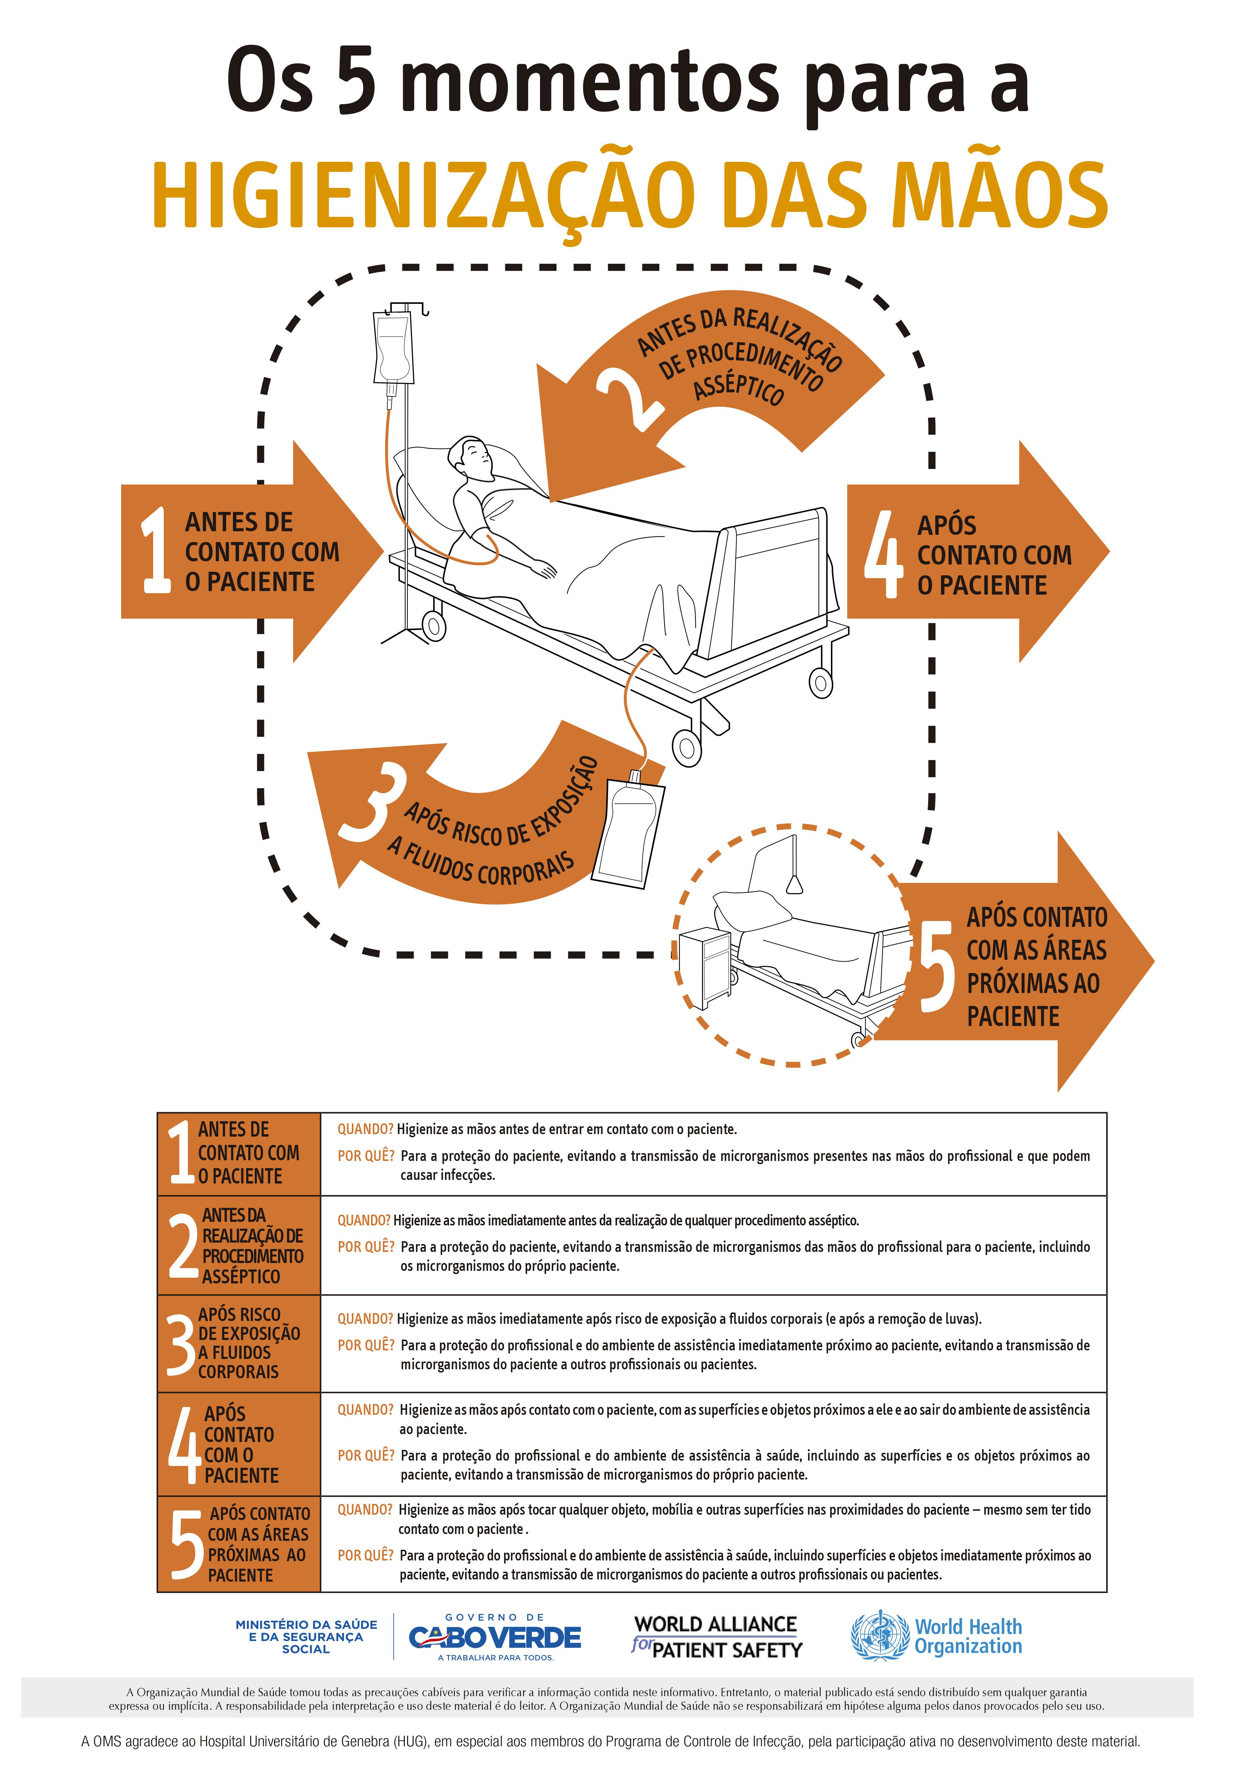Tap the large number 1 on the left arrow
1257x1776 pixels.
pos(156,551)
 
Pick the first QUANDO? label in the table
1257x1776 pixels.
pos(364,1129)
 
